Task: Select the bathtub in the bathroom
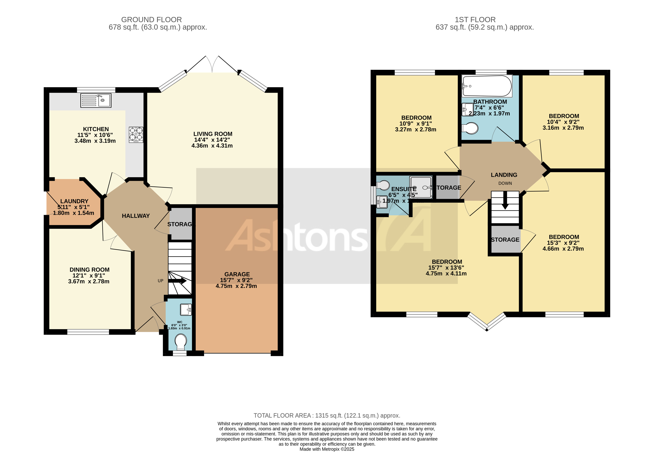coord(487,86)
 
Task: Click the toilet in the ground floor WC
coord(181,342)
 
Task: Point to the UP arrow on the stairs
coord(177,281)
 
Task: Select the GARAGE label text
coord(237,274)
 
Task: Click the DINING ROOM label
coord(89,270)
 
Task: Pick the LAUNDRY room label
coord(74,201)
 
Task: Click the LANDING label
coord(504,175)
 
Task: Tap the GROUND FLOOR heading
coord(151,20)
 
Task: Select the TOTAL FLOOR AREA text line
coord(327,415)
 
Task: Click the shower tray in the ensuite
coord(421,187)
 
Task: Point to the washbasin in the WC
coord(186,309)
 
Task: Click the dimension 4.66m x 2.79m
coord(563,249)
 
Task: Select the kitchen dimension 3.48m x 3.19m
coord(95,141)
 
